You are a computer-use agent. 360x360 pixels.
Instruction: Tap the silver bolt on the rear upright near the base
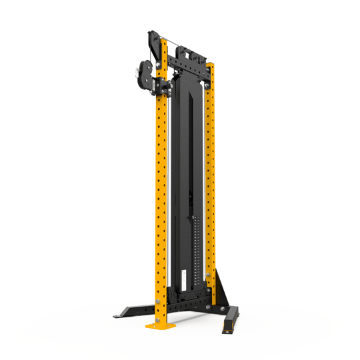209,277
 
